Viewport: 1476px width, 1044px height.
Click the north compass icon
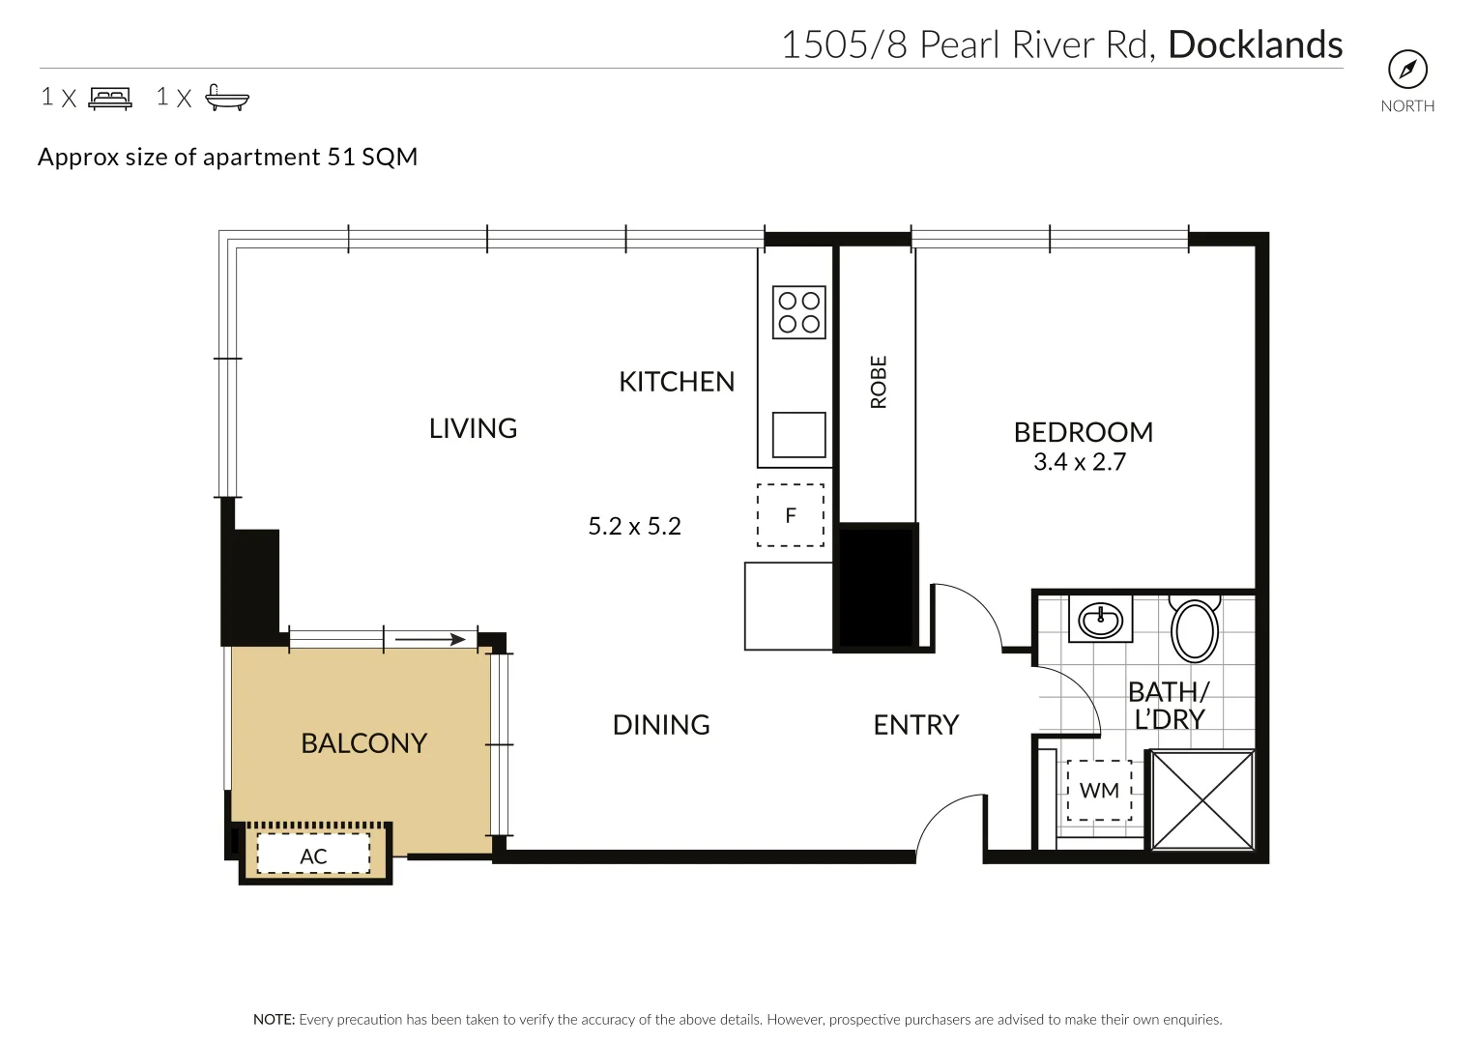[1407, 70]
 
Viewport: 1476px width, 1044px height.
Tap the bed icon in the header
[110, 98]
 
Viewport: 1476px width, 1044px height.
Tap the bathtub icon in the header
[227, 98]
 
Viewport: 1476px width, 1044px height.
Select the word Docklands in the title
[1255, 45]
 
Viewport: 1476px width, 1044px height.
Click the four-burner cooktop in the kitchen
[798, 312]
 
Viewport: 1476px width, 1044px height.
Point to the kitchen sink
[798, 434]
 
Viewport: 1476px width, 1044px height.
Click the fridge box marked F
[791, 515]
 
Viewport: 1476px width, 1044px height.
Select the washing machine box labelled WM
[1099, 791]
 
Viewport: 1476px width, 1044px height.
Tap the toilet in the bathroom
[1195, 629]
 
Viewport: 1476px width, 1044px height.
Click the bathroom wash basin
[1100, 618]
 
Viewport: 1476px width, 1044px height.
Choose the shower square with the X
[1202, 799]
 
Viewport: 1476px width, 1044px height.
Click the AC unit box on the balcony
[313, 855]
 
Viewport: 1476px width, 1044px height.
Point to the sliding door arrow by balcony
[430, 639]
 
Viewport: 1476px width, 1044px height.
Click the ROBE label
[879, 382]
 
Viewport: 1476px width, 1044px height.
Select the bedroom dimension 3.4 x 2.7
[1080, 462]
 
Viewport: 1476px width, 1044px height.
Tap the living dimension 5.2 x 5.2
[634, 527]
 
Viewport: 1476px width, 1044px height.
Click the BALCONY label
[363, 743]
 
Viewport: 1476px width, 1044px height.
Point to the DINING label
[661, 725]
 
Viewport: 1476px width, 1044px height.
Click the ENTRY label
[915, 725]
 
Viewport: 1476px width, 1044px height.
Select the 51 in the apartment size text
[341, 157]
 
